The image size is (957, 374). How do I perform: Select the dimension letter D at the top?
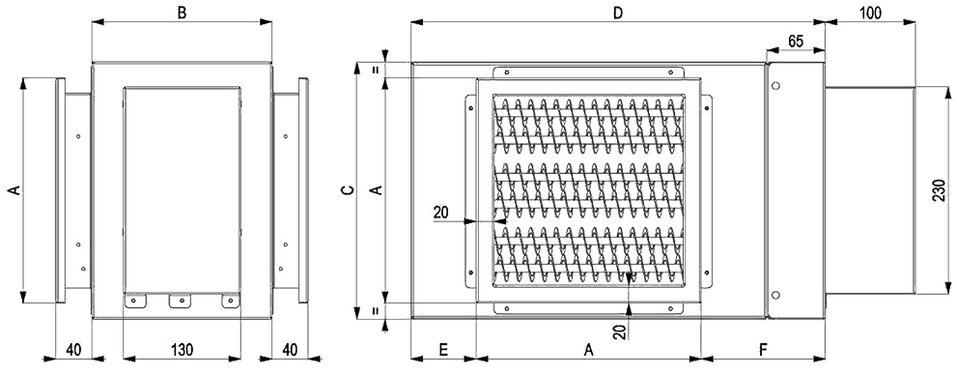click(618, 12)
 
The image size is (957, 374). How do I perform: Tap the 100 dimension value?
click(869, 13)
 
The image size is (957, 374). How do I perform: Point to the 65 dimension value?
click(796, 42)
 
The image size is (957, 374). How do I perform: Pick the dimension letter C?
click(348, 190)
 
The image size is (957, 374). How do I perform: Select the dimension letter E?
click(443, 350)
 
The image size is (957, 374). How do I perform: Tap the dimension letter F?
click(762, 350)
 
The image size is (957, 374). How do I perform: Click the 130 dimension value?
click(182, 350)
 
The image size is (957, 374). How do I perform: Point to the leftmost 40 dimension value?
click(73, 350)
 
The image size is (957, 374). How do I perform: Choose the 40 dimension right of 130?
click(290, 350)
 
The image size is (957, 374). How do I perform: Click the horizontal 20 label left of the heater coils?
click(441, 212)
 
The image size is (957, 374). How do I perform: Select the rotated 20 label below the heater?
click(618, 331)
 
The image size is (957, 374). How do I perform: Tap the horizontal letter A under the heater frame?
click(588, 350)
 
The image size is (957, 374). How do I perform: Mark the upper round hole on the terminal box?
click(775, 86)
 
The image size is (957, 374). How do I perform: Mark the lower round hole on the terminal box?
click(775, 296)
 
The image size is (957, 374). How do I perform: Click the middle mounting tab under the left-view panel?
click(181, 300)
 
